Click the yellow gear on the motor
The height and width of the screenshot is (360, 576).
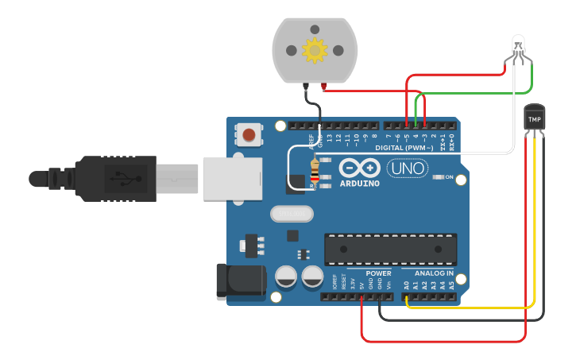315,51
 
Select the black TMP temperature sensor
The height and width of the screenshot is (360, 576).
534,118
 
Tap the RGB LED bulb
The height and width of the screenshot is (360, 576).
518,45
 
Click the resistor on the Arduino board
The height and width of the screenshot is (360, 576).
315,170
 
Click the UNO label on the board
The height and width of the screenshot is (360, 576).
407,168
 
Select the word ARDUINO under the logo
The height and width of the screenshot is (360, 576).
359,184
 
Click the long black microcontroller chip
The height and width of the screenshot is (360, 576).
390,250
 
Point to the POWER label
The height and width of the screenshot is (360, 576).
378,273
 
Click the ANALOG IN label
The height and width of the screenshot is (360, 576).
433,273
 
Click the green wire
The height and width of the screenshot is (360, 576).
477,94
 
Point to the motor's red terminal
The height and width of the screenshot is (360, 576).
323,85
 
